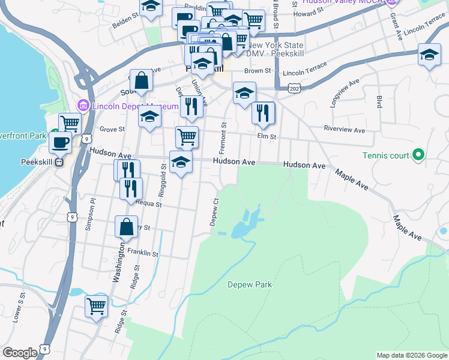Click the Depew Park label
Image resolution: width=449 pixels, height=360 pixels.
(x=250, y=284)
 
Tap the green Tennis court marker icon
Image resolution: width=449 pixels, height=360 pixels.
(x=419, y=156)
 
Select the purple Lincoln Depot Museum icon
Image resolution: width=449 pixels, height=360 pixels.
(x=83, y=106)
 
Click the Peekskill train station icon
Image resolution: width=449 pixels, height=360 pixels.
(x=59, y=162)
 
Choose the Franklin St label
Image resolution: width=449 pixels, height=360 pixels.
(x=142, y=254)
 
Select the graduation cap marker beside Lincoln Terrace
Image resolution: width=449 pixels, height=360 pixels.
(x=430, y=55)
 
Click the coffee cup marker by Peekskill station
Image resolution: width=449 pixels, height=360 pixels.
(x=60, y=142)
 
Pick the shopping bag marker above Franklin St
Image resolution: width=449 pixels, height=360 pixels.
(x=127, y=227)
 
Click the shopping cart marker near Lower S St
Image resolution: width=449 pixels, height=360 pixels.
(x=96, y=307)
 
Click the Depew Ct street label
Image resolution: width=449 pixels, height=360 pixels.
(x=213, y=212)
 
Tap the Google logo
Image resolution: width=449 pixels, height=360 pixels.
(x=20, y=353)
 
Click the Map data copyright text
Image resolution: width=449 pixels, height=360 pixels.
(x=412, y=355)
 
